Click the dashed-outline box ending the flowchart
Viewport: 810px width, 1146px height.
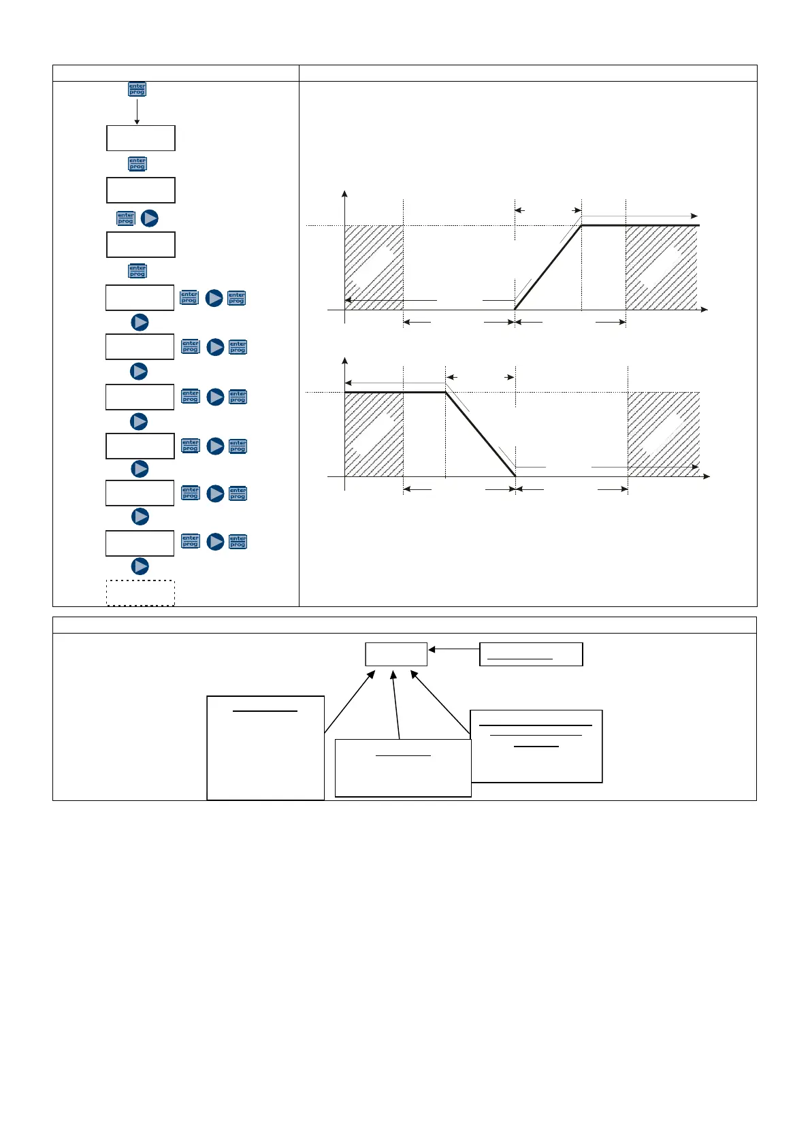(140, 593)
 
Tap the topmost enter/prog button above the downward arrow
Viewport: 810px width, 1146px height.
(137, 89)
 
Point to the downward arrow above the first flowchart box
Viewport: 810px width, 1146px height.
(137, 111)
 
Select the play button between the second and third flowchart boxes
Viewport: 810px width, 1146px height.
(149, 218)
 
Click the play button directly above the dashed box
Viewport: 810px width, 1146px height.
(140, 566)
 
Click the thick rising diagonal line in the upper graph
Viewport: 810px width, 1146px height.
(548, 267)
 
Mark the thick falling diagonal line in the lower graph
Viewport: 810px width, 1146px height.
(481, 435)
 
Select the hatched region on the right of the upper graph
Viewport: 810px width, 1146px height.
(661, 267)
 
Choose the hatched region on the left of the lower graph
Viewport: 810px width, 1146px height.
(374, 434)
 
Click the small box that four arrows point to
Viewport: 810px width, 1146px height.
(396, 654)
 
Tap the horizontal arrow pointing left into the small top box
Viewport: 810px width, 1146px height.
(454, 650)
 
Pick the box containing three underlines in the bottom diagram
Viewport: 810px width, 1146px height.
(536, 746)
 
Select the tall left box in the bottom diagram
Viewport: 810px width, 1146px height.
(265, 747)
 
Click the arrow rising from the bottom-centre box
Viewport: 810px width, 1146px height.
(396, 704)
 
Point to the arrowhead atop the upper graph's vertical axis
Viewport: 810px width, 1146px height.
(345, 194)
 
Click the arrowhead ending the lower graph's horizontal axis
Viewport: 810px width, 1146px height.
(706, 476)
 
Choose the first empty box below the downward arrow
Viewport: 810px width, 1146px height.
(141, 138)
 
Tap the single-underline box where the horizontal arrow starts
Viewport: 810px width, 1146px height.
(531, 654)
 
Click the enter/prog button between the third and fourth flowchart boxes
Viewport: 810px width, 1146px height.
(137, 271)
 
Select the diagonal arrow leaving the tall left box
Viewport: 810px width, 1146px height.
(349, 702)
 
